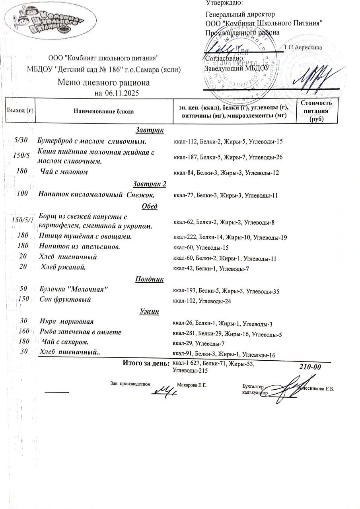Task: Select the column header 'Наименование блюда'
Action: pyautogui.click(x=103, y=111)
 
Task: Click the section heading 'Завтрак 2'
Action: pyautogui.click(x=149, y=184)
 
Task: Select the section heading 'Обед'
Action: pyautogui.click(x=149, y=206)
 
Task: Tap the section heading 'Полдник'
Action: pyautogui.click(x=149, y=279)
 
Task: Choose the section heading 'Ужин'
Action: pyautogui.click(x=149, y=311)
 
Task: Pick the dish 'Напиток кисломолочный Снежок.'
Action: pyautogui.click(x=96, y=195)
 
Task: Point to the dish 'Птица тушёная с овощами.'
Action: pyautogui.click(x=86, y=236)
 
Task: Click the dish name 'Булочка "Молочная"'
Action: pyautogui.click(x=74, y=288)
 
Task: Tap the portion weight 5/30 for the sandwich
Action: pyautogui.click(x=19, y=140)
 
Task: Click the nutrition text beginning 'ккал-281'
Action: pyautogui.click(x=227, y=334)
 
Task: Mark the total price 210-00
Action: pyautogui.click(x=310, y=367)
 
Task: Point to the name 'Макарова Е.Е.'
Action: pyautogui.click(x=192, y=385)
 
